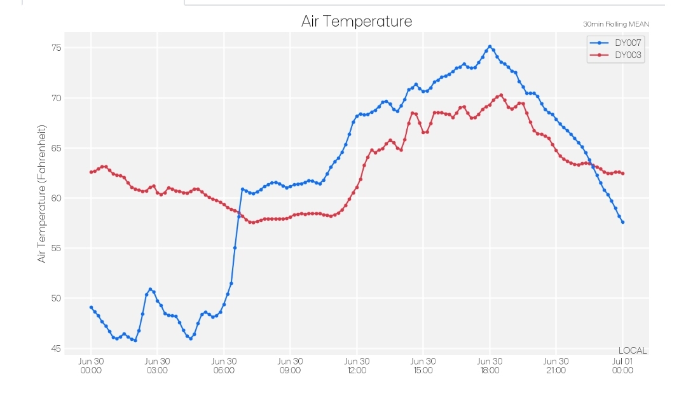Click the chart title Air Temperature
click(357, 21)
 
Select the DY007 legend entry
click(615, 43)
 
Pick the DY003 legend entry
click(615, 55)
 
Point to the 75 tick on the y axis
click(57, 48)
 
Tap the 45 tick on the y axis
click(57, 348)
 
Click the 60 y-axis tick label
click(57, 198)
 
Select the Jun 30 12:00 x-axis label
click(357, 366)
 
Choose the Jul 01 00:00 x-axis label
click(622, 366)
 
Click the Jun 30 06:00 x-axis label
click(224, 366)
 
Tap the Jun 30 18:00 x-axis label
click(490, 366)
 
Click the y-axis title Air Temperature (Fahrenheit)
click(41, 193)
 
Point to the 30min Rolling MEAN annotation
click(616, 24)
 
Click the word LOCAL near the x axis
click(633, 350)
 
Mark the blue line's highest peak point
click(490, 46)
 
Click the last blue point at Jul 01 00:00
click(622, 223)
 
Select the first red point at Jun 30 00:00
click(91, 172)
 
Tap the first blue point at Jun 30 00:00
click(91, 307)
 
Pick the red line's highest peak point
click(501, 95)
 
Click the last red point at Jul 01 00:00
click(622, 174)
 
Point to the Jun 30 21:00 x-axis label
click(556, 366)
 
